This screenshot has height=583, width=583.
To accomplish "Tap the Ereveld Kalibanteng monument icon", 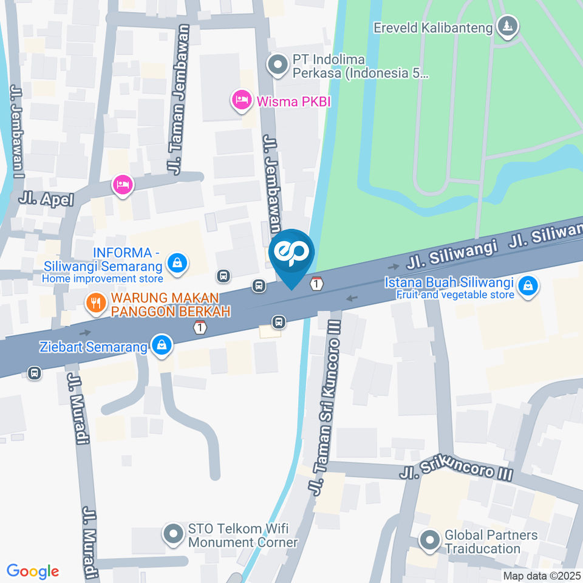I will [505, 26].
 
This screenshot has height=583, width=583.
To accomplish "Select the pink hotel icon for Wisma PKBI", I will [241, 100].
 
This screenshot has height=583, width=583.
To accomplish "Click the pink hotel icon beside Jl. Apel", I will [122, 186].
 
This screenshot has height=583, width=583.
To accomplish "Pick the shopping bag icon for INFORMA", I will [177, 263].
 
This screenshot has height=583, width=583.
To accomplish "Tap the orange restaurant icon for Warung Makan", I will [95, 302].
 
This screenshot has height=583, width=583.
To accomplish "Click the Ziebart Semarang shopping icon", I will [162, 346].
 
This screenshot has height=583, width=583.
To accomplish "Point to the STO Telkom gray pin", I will [174, 534].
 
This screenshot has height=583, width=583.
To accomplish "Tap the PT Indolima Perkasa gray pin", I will [278, 64].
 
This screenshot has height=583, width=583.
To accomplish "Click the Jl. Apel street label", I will [46, 199].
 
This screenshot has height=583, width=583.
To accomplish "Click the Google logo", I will [33, 571].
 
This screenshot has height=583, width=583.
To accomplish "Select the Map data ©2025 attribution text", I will [541, 576].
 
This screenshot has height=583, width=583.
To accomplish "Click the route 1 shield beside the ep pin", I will [316, 283].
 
